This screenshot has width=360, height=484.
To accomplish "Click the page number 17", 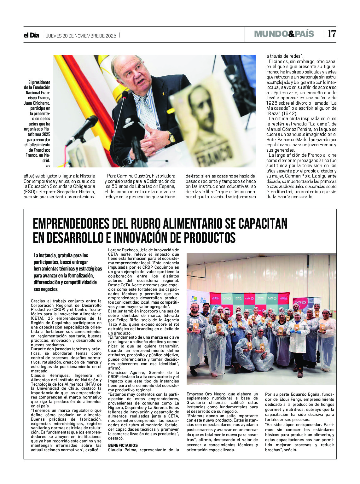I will (x=332, y=34).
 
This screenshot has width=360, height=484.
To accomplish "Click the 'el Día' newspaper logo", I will (x=31, y=35).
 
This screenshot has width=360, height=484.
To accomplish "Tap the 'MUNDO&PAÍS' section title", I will (x=284, y=34).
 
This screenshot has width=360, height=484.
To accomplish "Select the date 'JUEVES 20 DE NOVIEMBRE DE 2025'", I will (x=81, y=36).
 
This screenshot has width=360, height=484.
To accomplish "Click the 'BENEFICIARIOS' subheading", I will (x=123, y=445).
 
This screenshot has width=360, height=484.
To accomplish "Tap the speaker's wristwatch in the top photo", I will (x=172, y=137).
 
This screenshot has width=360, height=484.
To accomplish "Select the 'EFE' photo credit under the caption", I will (x=48, y=166).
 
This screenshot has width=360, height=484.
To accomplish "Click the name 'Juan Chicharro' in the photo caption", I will (x=37, y=103).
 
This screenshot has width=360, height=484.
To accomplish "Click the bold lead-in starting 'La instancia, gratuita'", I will (x=61, y=255).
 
